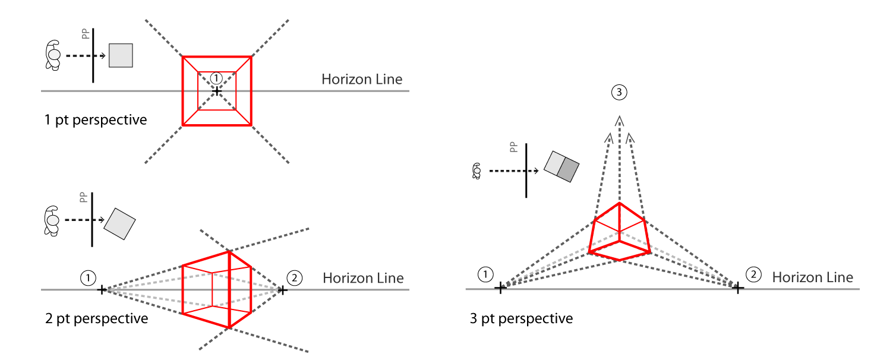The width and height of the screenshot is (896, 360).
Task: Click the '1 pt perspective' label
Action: coord(96,120)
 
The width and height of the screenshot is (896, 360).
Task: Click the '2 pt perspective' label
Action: coord(96,319)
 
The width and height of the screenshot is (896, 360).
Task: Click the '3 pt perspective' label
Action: coord(521,319)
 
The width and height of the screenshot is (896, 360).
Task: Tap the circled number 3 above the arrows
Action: coord(619,92)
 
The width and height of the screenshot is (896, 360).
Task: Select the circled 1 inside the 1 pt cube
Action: coord(217,78)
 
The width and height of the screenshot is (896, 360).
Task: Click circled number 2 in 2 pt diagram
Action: coord(294,277)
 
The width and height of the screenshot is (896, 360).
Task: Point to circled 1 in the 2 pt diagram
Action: coord(88,277)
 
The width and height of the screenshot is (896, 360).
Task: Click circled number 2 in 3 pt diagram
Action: coord(753,274)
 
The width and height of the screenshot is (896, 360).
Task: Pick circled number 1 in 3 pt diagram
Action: coord(485,274)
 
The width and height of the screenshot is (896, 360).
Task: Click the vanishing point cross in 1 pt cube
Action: coord(217,91)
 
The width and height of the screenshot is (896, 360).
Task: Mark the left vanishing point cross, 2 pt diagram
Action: coord(102,290)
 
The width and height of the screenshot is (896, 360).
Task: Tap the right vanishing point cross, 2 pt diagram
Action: coord(283,290)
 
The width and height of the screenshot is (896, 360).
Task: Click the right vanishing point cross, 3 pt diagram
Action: coord(737,288)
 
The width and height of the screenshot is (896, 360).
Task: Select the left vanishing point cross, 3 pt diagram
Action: coord(500,288)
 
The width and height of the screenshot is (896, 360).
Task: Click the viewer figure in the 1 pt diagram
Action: coord(53,56)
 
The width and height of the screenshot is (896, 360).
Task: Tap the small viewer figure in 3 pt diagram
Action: coord(476,172)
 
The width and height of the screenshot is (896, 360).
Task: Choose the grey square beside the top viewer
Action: coord(121,55)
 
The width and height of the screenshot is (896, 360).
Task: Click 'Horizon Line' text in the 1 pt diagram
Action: coord(362,80)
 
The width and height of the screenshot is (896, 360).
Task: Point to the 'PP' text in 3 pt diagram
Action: coord(513,147)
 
